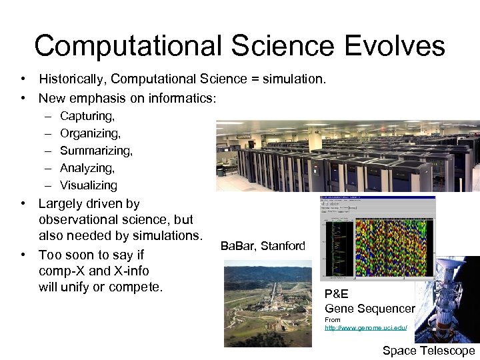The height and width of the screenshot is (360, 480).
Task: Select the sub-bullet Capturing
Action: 87,116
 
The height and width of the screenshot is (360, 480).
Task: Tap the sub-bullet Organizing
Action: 90,133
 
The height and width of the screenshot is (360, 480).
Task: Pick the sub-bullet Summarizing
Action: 96,151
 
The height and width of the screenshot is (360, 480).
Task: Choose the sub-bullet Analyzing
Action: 87,168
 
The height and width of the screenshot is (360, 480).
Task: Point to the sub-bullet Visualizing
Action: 88,185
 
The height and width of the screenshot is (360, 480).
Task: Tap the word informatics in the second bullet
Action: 179,99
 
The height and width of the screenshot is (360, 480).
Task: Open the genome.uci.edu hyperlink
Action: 365,328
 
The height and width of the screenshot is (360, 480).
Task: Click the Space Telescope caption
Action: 428,351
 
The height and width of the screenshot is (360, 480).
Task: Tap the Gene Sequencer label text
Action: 369,308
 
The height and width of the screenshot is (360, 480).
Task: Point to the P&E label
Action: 337,294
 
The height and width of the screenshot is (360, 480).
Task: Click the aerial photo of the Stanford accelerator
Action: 267,303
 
